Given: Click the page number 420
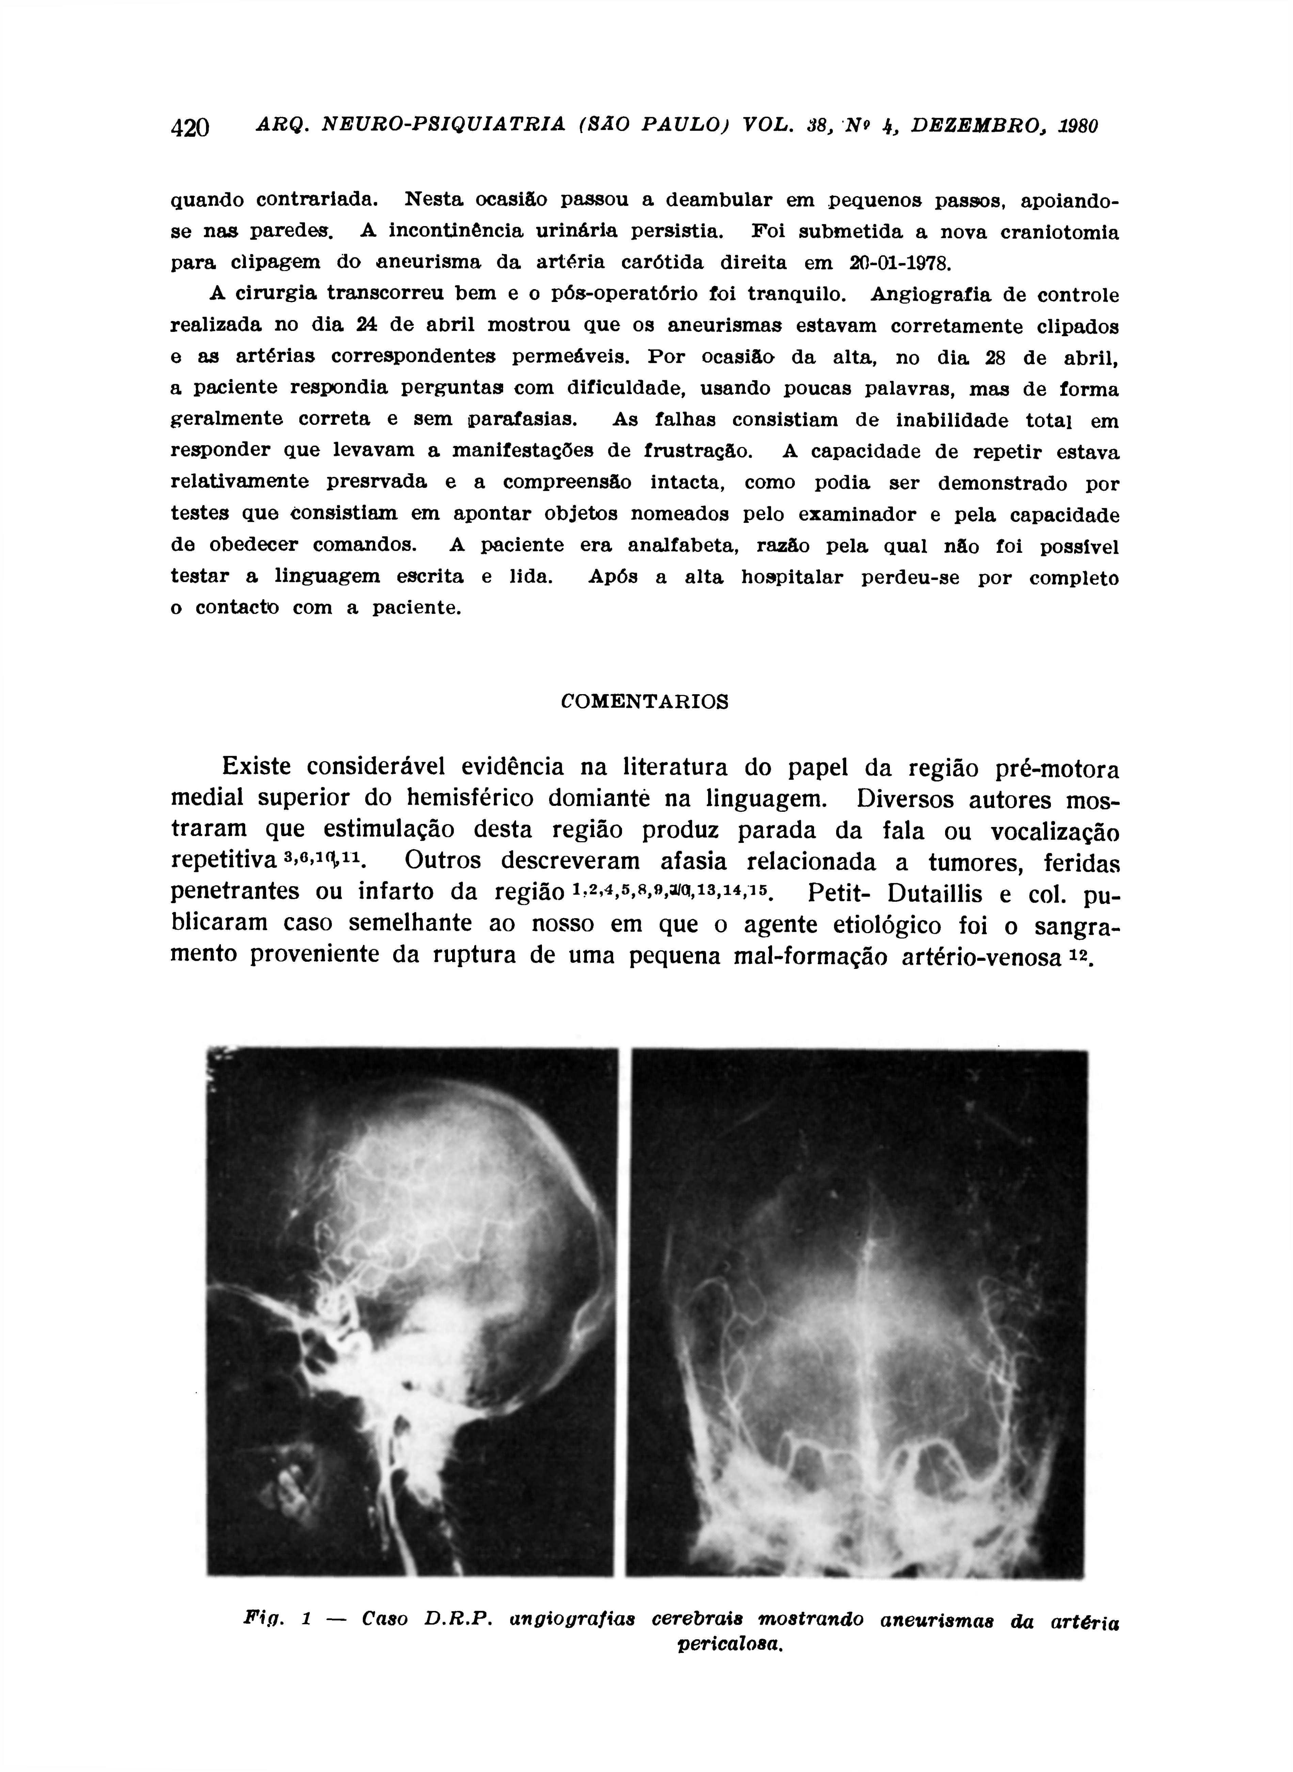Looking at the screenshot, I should [190, 127].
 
